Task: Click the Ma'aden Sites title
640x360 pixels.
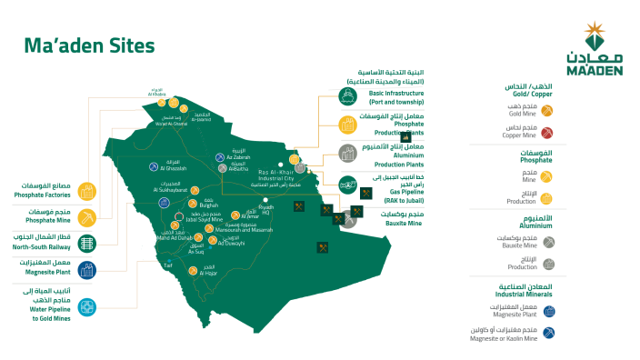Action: [x=89, y=45]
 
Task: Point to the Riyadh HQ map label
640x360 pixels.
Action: [x=265, y=211]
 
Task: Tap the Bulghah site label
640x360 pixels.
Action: [x=210, y=205]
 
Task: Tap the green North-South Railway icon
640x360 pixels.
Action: [x=88, y=243]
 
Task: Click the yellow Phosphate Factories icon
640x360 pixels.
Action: [x=88, y=191]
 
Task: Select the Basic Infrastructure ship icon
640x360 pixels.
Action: [x=347, y=95]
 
